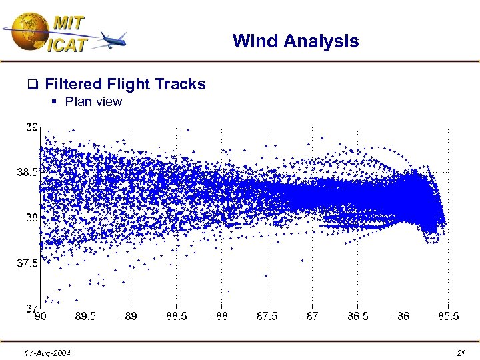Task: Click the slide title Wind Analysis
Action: (295, 41)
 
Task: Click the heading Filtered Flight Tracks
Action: (125, 84)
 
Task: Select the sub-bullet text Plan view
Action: (93, 102)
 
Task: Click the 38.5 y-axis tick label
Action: (27, 172)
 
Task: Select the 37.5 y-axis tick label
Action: (27, 263)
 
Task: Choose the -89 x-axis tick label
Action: (129, 316)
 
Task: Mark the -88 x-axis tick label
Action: (221, 316)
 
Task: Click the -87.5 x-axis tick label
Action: (266, 316)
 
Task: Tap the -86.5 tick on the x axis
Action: (357, 316)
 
